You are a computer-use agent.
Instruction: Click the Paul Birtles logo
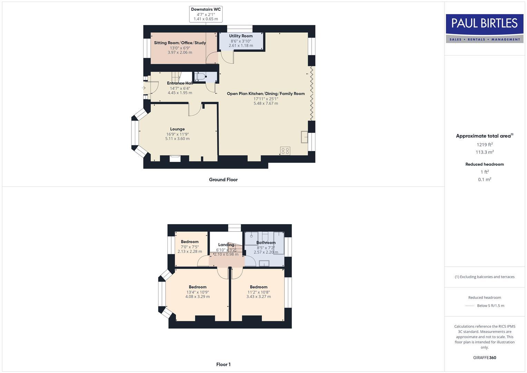[x=485, y=28]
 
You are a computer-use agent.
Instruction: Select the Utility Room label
[x=241, y=36]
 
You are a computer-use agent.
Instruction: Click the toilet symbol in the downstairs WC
[x=201, y=77]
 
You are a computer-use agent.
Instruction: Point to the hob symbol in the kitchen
[x=285, y=151]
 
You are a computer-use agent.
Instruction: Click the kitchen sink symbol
[x=304, y=137]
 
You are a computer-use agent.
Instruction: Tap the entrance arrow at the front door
[x=144, y=88]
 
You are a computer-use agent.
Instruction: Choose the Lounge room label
[x=177, y=129]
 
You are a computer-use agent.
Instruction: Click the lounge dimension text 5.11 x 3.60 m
[x=177, y=139]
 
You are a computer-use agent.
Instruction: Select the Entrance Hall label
[x=180, y=83]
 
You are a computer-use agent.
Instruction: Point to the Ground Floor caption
[x=223, y=180]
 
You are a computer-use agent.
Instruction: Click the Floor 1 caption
[x=223, y=364]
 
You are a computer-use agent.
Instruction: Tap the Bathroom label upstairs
[x=266, y=242]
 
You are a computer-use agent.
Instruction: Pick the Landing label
[x=226, y=245]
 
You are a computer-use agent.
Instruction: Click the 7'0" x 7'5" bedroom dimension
[x=190, y=247]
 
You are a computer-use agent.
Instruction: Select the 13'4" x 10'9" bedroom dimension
[x=197, y=292]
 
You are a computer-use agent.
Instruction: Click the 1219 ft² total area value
[x=485, y=145]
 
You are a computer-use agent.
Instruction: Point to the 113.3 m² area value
[x=485, y=152]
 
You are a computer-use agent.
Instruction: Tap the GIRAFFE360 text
[x=485, y=358]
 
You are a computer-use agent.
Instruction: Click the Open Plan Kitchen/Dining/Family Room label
[x=266, y=94]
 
